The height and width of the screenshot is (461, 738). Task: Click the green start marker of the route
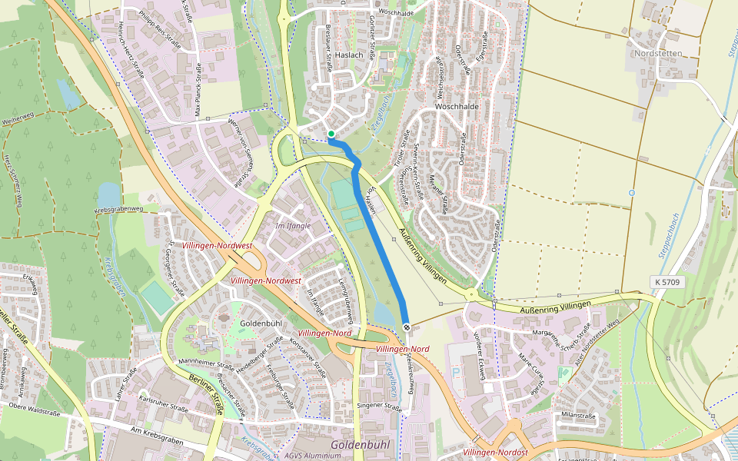pos(331,134)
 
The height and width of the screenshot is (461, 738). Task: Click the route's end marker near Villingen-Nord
pos(406,328)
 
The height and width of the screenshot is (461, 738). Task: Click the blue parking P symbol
pos(457,372)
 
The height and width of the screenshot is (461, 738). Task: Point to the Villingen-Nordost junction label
pos(496,453)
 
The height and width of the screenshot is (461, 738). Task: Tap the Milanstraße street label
pos(579,415)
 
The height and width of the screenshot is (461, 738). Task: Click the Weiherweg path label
pos(20,120)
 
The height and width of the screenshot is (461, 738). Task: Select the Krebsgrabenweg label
pos(118,209)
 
